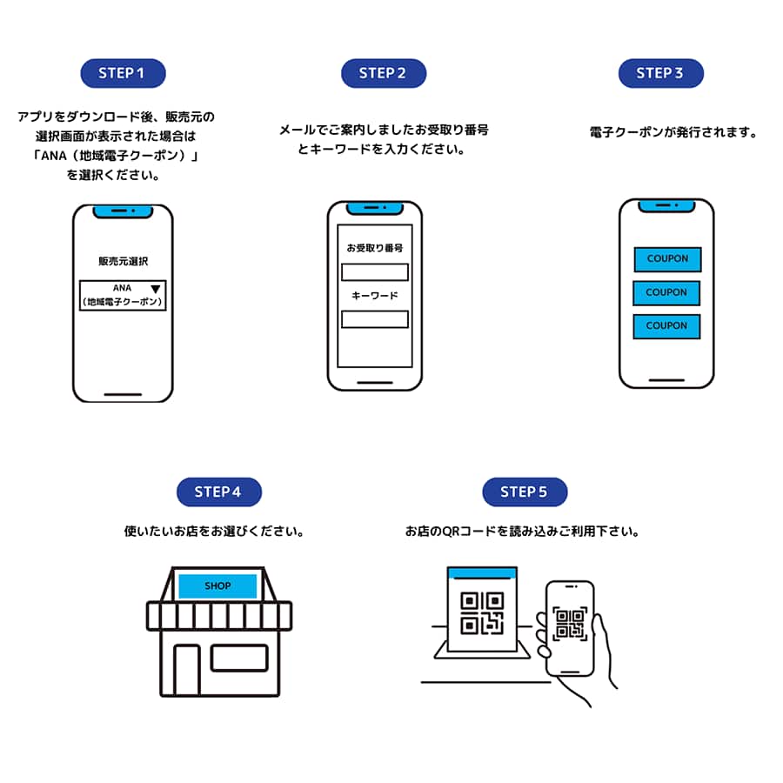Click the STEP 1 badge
[x=122, y=73]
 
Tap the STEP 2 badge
[x=384, y=73]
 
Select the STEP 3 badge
[x=660, y=73]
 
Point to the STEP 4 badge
[x=218, y=492]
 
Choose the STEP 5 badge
[x=525, y=492]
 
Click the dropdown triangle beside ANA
[x=156, y=289]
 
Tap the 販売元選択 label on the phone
[x=123, y=260]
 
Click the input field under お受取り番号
[x=374, y=271]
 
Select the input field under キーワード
[x=374, y=319]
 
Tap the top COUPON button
[x=667, y=259]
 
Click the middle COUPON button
[x=666, y=292]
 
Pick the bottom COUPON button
[x=666, y=326]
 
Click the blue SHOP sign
[x=217, y=586]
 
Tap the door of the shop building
[x=186, y=670]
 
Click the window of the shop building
[x=239, y=658]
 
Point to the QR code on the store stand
[x=481, y=612]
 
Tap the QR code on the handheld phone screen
[x=570, y=623]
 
